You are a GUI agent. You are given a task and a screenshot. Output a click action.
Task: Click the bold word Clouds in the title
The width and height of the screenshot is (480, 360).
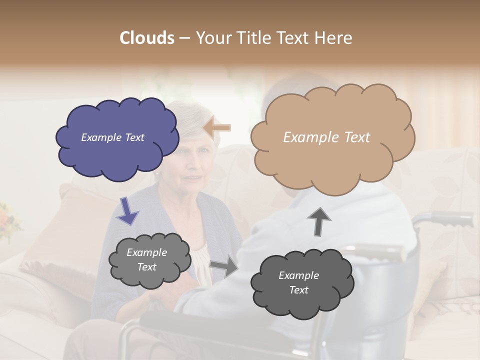[147, 38]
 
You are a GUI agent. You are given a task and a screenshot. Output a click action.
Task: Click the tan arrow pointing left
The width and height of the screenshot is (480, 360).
[217, 128]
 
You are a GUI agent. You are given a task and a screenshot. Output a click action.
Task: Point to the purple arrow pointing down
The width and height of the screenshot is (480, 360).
[127, 210]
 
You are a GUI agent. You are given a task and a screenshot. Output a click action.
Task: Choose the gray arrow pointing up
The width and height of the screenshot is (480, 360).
[318, 221]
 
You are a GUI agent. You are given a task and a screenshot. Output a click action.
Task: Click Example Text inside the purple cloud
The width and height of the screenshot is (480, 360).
[112, 137]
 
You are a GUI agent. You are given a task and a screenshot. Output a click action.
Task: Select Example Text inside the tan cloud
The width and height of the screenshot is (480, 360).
[326, 137]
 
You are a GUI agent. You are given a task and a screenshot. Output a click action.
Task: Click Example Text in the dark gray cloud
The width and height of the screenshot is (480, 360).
[298, 283]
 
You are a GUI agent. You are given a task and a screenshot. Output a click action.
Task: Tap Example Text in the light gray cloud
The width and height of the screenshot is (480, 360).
[146, 260]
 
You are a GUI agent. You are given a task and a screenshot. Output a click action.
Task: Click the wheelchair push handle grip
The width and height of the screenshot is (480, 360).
[452, 218]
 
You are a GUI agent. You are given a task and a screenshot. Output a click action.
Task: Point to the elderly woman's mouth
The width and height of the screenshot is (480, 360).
[192, 178]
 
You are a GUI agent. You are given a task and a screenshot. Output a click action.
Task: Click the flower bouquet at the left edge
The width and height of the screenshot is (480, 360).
[7, 220]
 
